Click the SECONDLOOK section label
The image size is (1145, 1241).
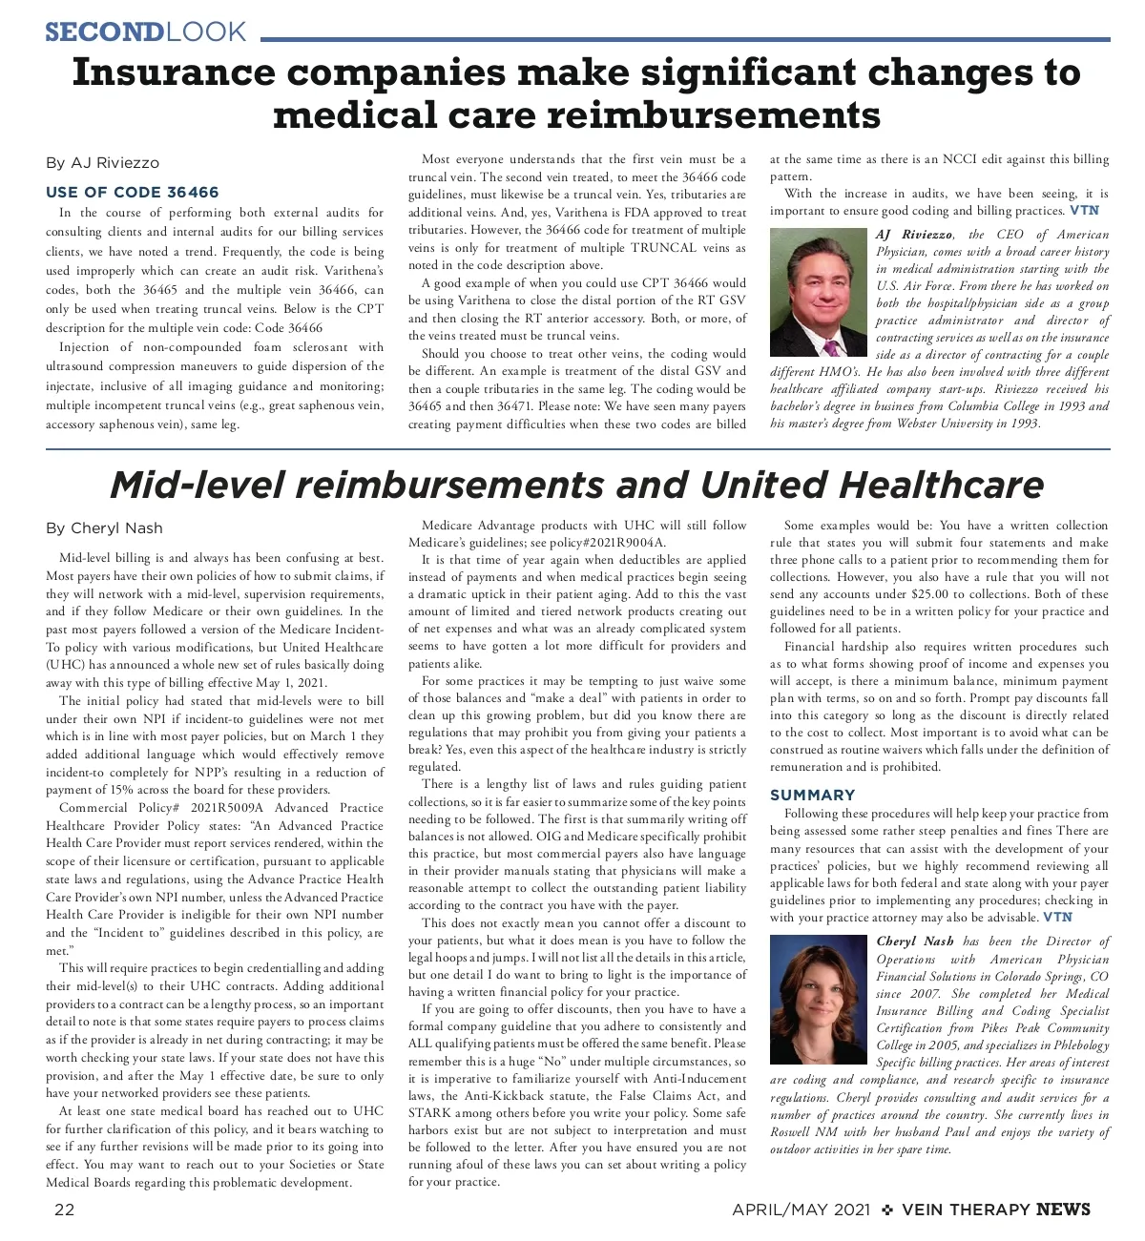(x=146, y=31)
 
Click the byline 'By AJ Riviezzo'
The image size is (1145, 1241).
(x=102, y=163)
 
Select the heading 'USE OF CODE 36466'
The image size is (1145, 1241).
(x=132, y=193)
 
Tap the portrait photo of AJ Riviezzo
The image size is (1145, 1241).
(x=818, y=292)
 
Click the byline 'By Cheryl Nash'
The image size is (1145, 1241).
(x=104, y=528)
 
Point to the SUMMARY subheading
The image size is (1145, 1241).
(x=812, y=795)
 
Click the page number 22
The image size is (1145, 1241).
(x=64, y=1210)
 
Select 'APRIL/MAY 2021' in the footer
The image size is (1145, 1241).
(x=801, y=1210)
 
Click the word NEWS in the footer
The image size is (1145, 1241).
(x=1063, y=1210)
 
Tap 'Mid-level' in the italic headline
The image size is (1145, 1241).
(x=197, y=486)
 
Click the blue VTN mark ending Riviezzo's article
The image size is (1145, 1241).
(x=1084, y=211)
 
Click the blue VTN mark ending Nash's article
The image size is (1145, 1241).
(x=1057, y=917)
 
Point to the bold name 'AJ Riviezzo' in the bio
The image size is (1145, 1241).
(x=914, y=235)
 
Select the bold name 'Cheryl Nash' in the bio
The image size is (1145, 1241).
(x=914, y=941)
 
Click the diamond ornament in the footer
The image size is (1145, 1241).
(x=887, y=1210)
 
